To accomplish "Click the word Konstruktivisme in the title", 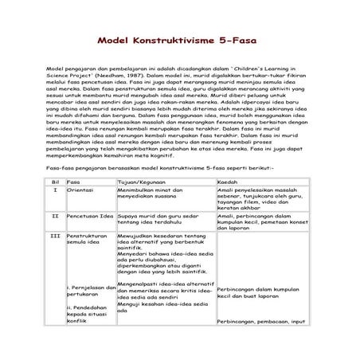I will pos(179,40).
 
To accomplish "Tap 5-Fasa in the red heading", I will pos(247,40).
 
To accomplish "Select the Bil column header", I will pos(55,182).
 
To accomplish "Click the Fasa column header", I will pos(74,182).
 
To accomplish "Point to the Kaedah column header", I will pos(228,182).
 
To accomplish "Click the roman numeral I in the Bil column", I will pos(55,191).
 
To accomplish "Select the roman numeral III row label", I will pos(55,237).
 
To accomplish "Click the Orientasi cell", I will pos(82,191).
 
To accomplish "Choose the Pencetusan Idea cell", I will pos(90,215).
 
